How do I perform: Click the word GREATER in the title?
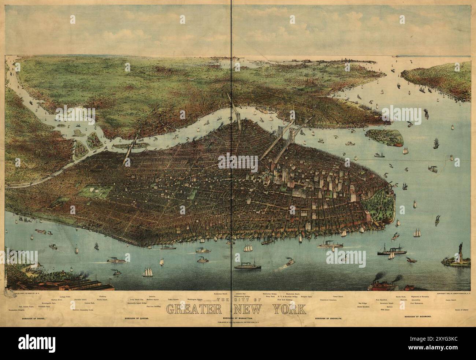click(x=194, y=309)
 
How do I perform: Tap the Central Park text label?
click(x=89, y=303)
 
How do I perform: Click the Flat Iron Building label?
click(x=153, y=306)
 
